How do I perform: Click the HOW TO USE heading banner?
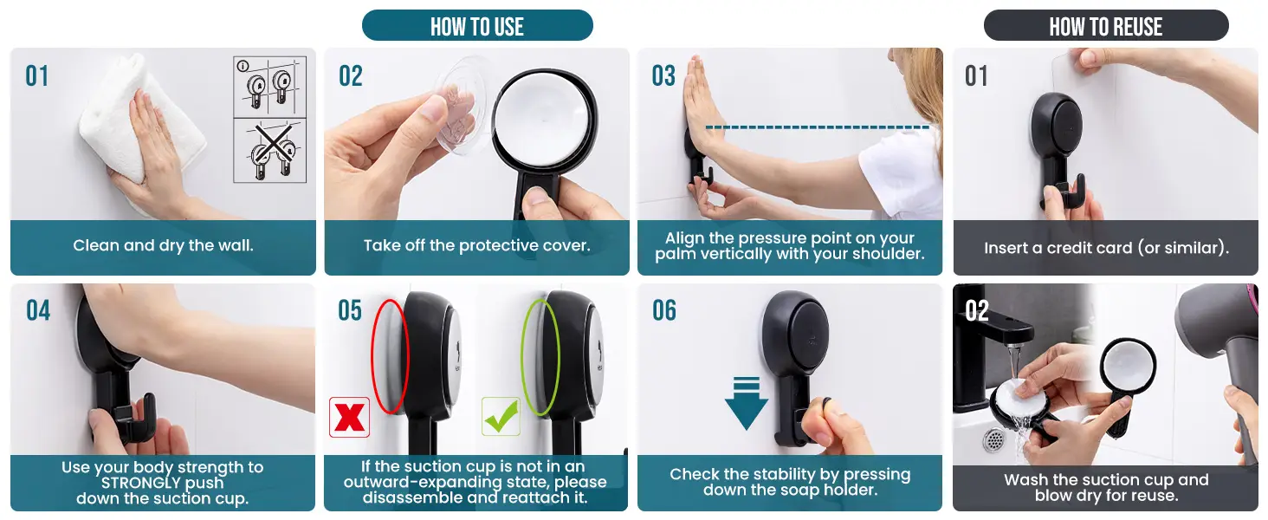point(477,25)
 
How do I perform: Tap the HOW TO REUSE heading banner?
point(1105,25)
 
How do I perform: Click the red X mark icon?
point(349,418)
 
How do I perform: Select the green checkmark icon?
point(501,416)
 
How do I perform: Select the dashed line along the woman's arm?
point(818,127)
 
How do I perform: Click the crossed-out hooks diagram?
point(270,151)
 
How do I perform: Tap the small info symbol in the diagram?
point(243,66)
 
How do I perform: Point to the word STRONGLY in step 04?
point(162,484)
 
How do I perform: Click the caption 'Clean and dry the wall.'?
point(163,246)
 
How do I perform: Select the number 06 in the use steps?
point(664,310)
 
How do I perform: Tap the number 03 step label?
point(663,76)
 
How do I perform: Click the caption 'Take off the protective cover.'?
point(476,246)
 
